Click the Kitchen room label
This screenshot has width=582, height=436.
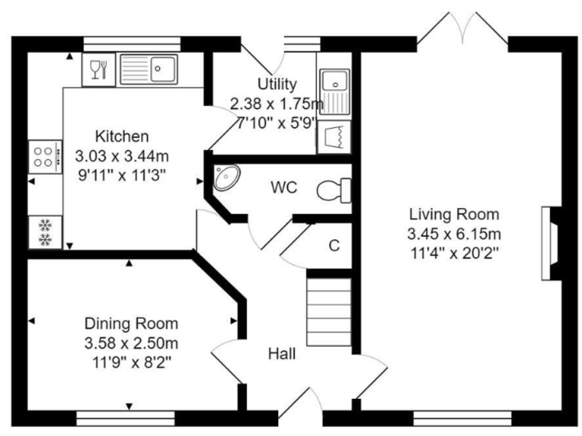[x=121, y=137]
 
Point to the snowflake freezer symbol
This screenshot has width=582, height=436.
[x=44, y=232]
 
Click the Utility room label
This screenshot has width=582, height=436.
[x=277, y=85]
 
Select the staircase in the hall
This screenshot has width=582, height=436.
[x=329, y=310]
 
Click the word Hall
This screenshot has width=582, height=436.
[x=282, y=353]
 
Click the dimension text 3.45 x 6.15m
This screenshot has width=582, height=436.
[x=455, y=232]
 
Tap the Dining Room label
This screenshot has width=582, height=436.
[x=131, y=324]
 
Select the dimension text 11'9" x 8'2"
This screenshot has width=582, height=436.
[x=131, y=361]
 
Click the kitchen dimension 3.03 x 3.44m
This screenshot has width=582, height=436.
[x=121, y=156]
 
